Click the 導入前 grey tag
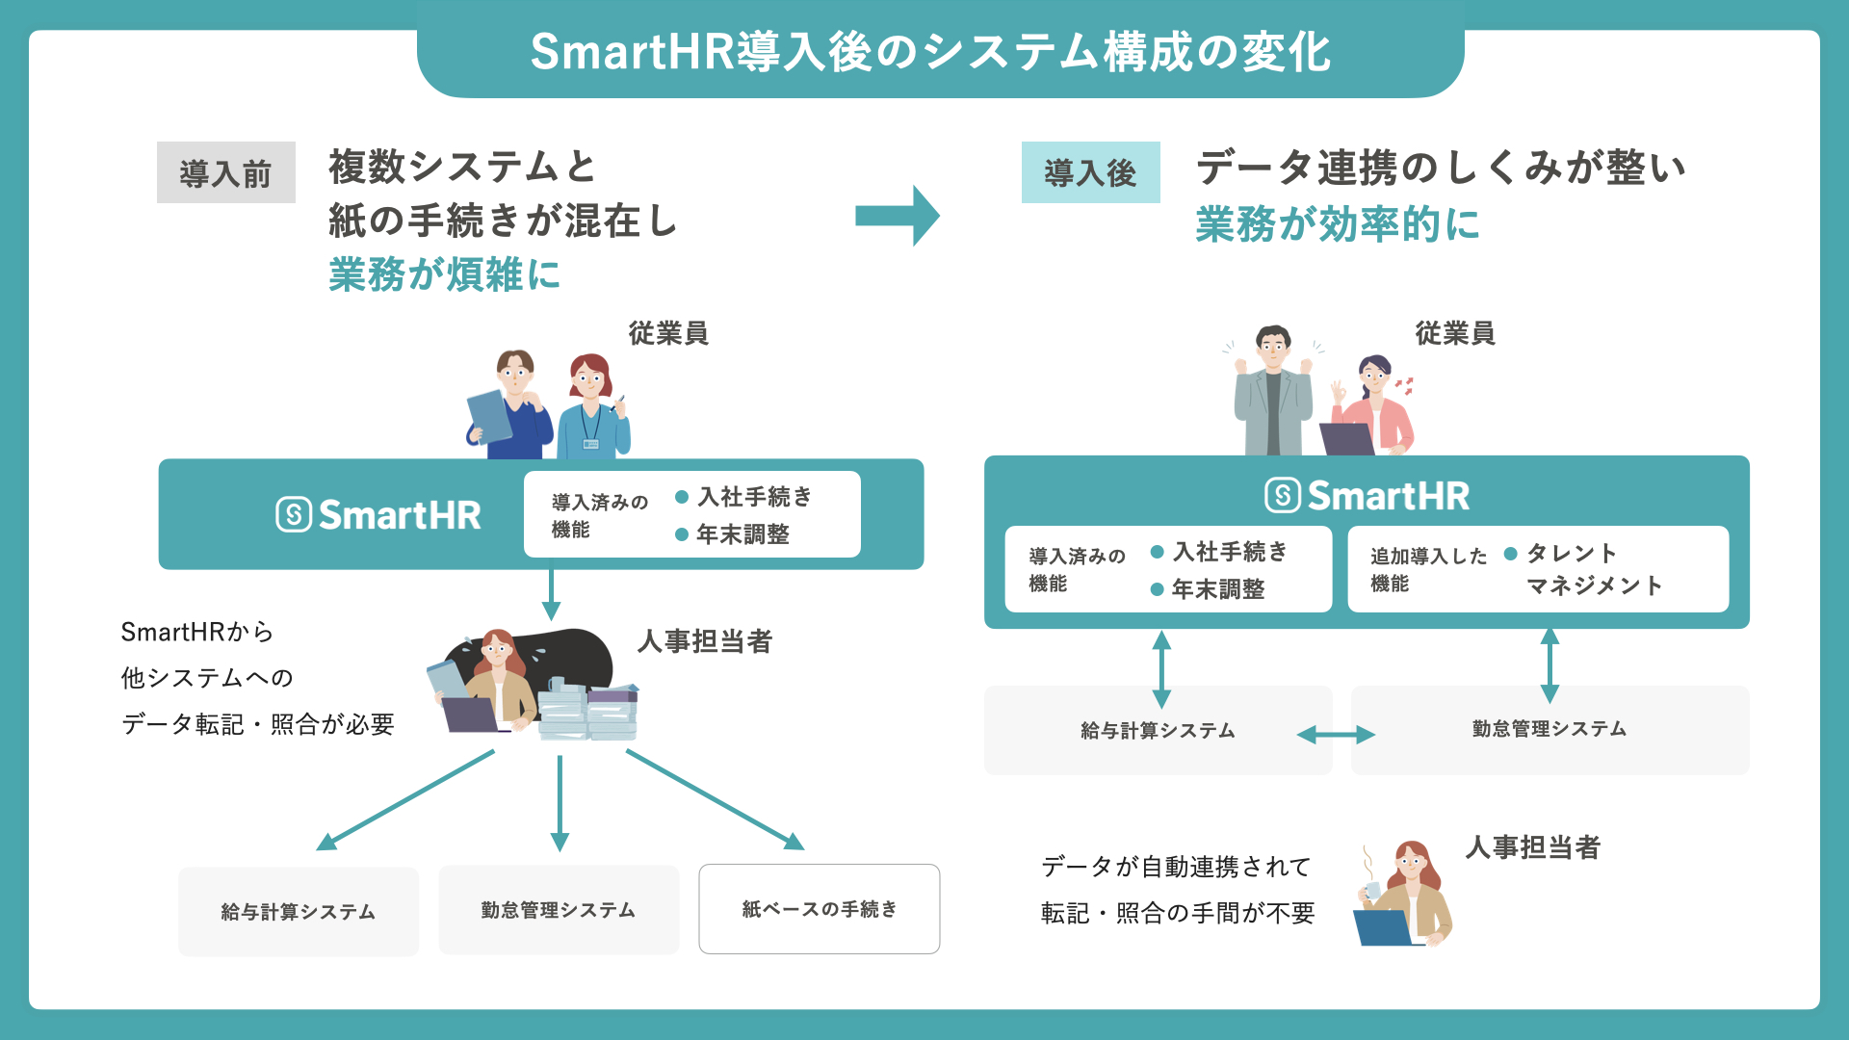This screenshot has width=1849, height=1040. tap(225, 173)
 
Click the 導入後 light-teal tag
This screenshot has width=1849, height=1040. tap(1090, 173)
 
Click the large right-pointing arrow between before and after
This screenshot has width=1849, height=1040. tap(897, 216)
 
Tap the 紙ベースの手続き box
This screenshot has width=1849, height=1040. tap(819, 909)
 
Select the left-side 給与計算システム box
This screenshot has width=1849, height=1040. tap(298, 911)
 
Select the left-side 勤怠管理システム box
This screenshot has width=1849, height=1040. tap(559, 910)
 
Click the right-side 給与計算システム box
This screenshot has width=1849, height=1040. tap(1158, 731)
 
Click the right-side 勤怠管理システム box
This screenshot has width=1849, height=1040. tap(1550, 729)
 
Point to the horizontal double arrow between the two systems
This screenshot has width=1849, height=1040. tap(1336, 736)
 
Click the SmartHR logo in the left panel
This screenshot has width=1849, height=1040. tap(378, 515)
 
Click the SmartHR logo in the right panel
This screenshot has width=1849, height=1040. tap(1367, 496)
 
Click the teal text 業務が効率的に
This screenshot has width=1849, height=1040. tap(1337, 224)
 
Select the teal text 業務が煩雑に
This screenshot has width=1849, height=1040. tap(444, 274)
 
